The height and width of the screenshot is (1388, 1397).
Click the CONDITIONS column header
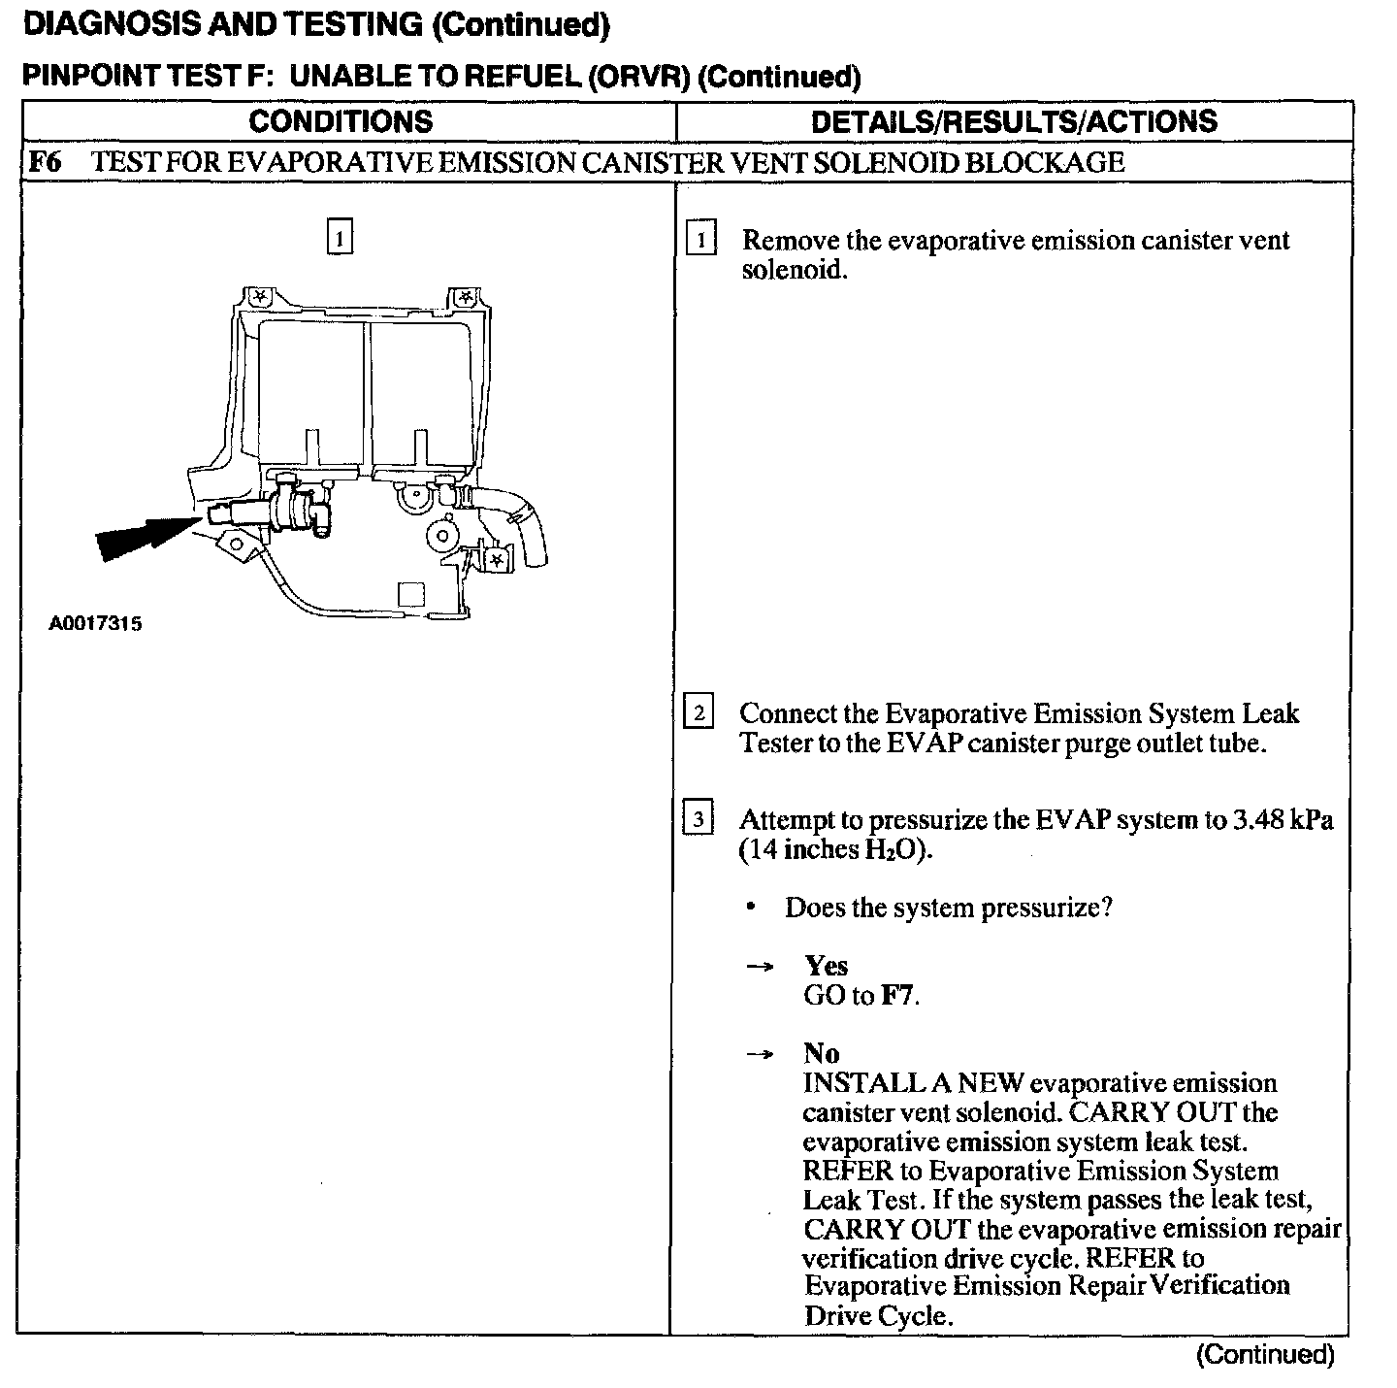tap(341, 121)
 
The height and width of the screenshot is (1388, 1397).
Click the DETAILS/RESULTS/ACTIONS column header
tap(1013, 121)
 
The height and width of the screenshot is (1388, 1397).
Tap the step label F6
tap(45, 162)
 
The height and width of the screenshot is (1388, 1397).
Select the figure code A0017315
tap(95, 623)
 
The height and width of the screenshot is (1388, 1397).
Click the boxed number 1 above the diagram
tap(340, 237)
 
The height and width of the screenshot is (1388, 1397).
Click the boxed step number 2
tap(698, 713)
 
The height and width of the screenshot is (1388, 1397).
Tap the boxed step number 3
tap(698, 819)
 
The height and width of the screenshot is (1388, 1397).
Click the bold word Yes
tap(826, 966)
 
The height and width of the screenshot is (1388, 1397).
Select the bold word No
tap(822, 1053)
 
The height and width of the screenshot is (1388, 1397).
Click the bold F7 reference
tap(897, 995)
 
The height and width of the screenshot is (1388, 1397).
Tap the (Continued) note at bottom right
tap(1265, 1354)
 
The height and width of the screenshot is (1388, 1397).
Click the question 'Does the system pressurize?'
tap(948, 909)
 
